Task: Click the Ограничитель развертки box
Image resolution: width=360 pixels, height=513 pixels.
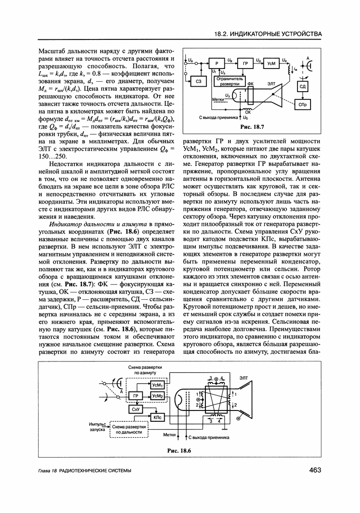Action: tap(230, 82)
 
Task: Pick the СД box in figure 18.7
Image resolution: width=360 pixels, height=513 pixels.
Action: tap(302, 86)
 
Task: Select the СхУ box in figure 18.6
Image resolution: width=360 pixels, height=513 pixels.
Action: tap(135, 410)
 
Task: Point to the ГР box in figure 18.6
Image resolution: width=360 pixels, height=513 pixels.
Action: tap(135, 396)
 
